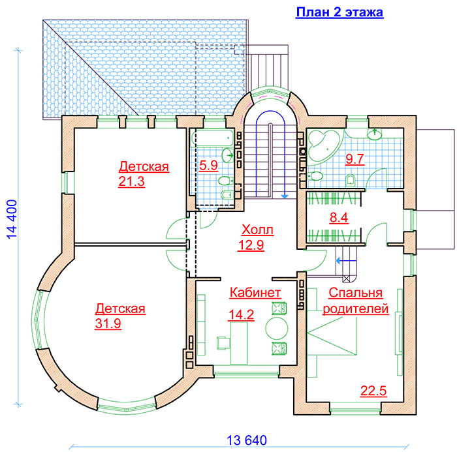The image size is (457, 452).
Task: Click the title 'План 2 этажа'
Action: pyautogui.click(x=339, y=12)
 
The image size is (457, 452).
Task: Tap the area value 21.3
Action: pyautogui.click(x=131, y=182)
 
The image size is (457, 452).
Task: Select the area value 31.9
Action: pyautogui.click(x=108, y=324)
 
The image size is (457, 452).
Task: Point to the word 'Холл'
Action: pyautogui.click(x=258, y=230)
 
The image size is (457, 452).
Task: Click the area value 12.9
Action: pyautogui.click(x=251, y=246)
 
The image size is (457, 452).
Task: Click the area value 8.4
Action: pyautogui.click(x=338, y=219)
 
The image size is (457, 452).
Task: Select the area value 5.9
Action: pyautogui.click(x=209, y=165)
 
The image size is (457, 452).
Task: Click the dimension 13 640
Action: pyautogui.click(x=244, y=440)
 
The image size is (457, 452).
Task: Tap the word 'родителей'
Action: pyautogui.click(x=356, y=309)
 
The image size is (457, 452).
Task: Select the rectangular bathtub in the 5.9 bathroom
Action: pyautogui.click(x=211, y=139)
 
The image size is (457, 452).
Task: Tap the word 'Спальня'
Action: pyautogui.click(x=356, y=293)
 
